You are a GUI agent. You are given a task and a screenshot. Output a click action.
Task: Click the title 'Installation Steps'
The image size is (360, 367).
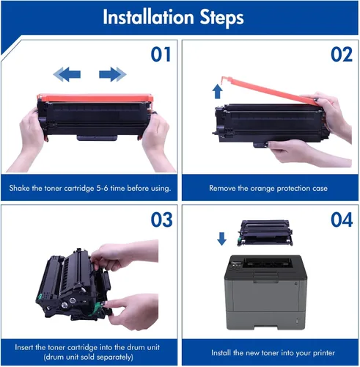tap(173, 17)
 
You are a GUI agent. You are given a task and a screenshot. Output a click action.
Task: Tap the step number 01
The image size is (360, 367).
tap(161, 54)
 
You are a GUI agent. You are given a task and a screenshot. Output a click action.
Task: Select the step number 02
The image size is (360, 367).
tap(342, 54)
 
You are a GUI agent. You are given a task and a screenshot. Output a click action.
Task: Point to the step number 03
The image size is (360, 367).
tap(161, 219)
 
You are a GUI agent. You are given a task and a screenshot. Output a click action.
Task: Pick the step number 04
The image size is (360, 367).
tap(342, 219)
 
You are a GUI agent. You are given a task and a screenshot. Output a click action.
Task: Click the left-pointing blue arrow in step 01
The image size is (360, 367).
tap(67, 74)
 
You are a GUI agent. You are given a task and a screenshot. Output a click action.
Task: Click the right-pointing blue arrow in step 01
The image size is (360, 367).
tap(113, 74)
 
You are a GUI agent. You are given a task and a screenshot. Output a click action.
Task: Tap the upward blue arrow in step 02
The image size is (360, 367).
tap(217, 91)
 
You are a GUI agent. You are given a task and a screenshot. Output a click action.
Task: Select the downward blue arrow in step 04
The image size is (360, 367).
tap(221, 239)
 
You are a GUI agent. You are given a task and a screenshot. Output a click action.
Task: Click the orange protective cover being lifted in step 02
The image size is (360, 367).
tap(269, 90)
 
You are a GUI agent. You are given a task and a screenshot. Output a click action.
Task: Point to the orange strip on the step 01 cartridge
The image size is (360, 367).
tap(95, 98)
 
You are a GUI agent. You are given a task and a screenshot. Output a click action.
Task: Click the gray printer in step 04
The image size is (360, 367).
tap(265, 292)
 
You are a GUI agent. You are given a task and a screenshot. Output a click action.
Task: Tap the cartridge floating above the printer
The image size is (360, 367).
tap(265, 233)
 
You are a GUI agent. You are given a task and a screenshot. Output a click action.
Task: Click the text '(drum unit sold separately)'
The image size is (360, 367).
tap(89, 357)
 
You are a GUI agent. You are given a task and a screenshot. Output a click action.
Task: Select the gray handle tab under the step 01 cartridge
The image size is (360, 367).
tap(97, 138)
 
